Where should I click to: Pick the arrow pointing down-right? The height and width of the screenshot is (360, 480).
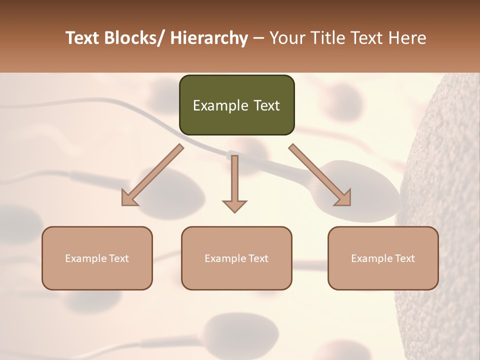point(320,175)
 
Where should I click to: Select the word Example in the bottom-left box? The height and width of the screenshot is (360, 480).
point(86,258)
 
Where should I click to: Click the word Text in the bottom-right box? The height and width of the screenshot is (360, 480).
point(404,258)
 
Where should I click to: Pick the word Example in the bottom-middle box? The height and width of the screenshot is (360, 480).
point(225,258)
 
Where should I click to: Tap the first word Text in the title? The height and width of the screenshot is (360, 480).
point(83,38)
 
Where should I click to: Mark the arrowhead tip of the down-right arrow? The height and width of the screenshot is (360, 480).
point(350,205)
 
